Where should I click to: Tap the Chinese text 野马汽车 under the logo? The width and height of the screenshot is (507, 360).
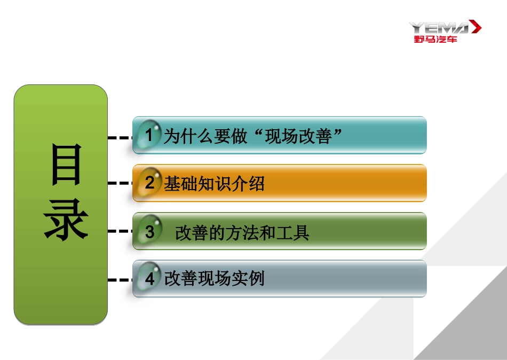point(435,40)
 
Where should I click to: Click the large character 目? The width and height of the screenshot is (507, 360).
point(66,165)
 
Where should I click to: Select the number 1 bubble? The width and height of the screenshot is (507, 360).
point(149,136)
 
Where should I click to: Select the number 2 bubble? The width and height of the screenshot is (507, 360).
point(149,183)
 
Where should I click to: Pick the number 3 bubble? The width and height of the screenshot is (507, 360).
point(149,232)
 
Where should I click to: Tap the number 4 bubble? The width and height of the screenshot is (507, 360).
point(149,279)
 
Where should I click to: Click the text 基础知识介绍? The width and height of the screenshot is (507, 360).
point(214,184)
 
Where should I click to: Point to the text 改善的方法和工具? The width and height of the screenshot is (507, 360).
point(242,233)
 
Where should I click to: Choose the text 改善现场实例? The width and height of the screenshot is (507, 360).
point(214,279)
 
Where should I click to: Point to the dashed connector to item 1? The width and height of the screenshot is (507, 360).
point(120,137)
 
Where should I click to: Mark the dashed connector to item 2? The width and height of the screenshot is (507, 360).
point(120,183)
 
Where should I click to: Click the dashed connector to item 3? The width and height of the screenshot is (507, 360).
point(120,231)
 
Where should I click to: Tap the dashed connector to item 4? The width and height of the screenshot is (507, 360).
point(120,279)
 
